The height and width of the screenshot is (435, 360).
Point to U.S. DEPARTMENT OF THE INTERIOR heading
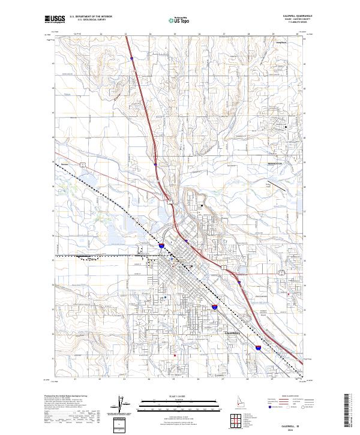91,16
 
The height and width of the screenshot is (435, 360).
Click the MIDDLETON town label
277,163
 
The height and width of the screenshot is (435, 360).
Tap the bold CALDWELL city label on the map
234,332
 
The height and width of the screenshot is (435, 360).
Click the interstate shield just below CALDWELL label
258,346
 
